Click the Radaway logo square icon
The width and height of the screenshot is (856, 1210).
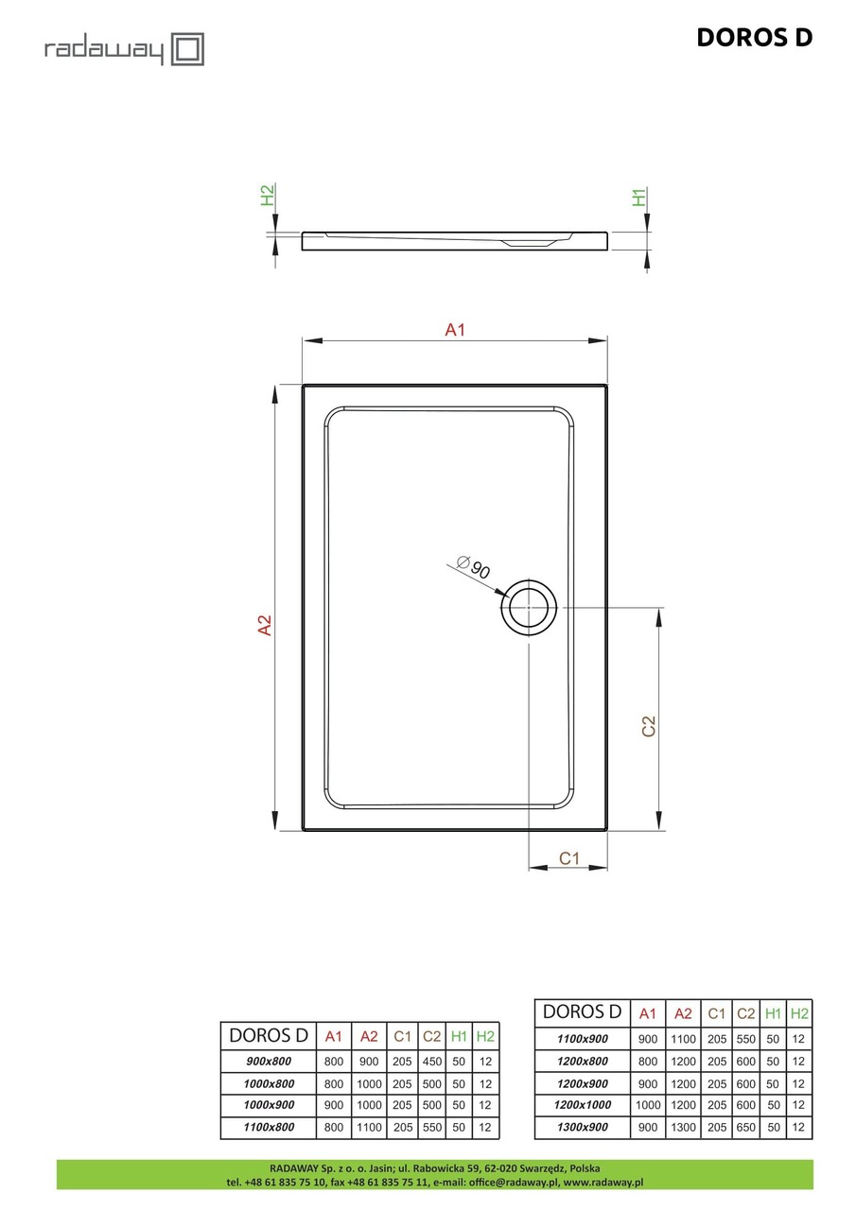point(187,49)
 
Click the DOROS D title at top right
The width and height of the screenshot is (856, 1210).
point(754,37)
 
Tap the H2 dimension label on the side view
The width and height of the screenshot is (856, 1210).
point(268,196)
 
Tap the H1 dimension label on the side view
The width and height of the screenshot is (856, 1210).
point(640,198)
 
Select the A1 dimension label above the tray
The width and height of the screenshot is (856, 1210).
point(455,330)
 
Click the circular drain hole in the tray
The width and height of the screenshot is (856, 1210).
point(530,607)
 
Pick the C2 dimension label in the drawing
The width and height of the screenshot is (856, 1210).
point(648,726)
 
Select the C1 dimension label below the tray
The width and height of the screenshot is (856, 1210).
point(568,858)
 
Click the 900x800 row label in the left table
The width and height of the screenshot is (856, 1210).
point(269,1062)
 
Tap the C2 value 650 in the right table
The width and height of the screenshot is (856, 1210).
point(745,1126)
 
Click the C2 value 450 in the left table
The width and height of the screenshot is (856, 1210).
point(432,1062)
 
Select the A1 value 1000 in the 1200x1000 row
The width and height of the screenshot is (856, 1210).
point(648,1104)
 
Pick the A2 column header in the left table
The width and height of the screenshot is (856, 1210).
point(369,1036)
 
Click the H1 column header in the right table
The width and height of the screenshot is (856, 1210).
point(773,1013)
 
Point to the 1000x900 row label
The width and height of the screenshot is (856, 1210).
point(269,1105)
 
